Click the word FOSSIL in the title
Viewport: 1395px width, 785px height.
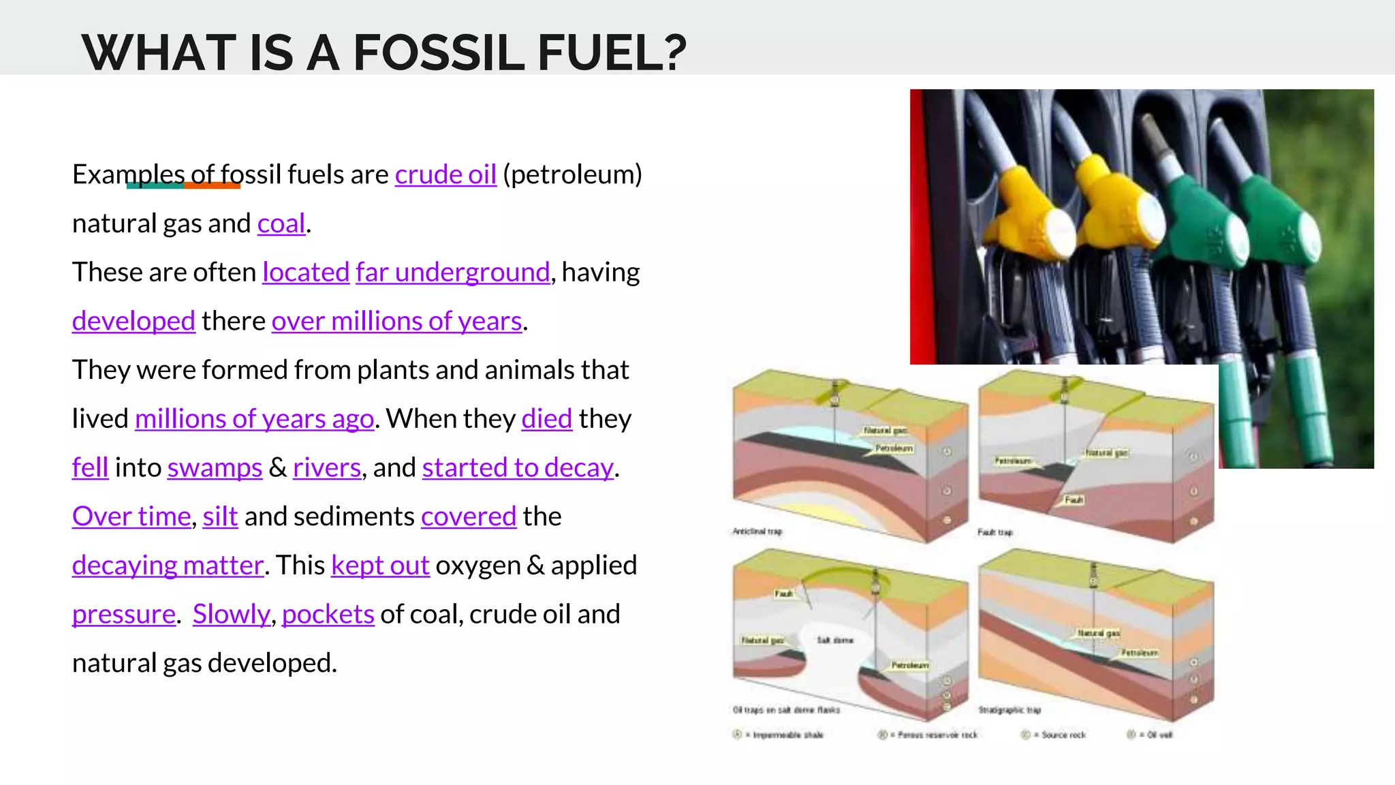[439, 53]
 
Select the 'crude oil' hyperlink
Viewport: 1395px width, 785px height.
[445, 174]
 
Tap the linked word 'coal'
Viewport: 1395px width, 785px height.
[281, 224]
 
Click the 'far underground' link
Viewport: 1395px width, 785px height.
[452, 273]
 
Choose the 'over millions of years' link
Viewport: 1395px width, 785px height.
[396, 321]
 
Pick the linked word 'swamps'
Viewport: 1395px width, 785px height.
[215, 467]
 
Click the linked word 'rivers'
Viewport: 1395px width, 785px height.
[327, 467]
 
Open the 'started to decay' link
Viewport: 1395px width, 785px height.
[518, 467]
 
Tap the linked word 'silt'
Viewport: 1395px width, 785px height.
[220, 517]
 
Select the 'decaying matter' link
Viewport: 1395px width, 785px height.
[168, 566]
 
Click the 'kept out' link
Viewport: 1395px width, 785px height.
[380, 566]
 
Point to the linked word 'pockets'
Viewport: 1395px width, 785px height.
[328, 615]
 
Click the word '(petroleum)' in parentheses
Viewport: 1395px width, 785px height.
[572, 174]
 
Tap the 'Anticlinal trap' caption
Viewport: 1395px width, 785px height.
[757, 532]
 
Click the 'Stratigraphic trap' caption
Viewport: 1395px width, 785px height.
[1010, 710]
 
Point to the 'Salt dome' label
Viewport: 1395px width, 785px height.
[835, 641]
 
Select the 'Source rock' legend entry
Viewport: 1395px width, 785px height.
[1063, 735]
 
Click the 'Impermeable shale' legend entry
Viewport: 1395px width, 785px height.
[787, 735]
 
